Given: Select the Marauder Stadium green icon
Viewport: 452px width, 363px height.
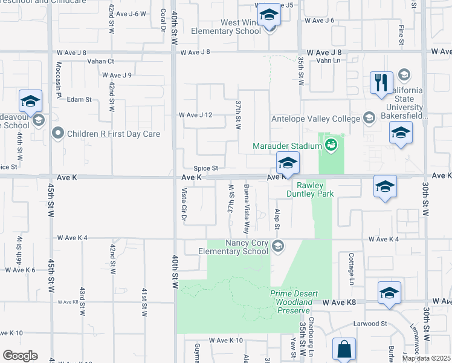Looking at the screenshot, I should (x=331, y=145).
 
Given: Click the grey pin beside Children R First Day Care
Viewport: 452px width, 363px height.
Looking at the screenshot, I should (x=58, y=132).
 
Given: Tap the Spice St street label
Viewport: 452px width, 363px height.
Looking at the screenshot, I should (x=205, y=168).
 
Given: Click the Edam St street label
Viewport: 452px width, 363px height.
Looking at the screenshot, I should (x=79, y=99).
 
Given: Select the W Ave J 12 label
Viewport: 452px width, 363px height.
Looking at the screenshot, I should (x=196, y=115).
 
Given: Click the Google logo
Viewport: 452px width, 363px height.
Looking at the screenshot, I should (x=19, y=356).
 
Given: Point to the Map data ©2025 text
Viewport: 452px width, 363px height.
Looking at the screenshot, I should (x=426, y=358).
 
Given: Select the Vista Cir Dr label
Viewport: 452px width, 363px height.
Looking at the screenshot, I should (x=184, y=204).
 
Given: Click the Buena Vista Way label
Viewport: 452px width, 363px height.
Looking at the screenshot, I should (x=247, y=209).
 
